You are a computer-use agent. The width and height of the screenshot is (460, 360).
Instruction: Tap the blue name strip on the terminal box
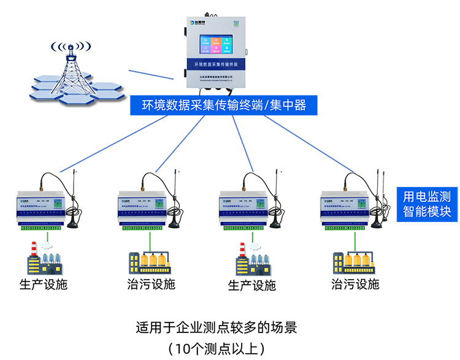[212, 63]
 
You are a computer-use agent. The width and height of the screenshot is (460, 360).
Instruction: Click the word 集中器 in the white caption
[288, 105]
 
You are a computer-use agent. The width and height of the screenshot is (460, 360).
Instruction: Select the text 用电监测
[427, 197]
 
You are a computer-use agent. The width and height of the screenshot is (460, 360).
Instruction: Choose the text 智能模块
[427, 212]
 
